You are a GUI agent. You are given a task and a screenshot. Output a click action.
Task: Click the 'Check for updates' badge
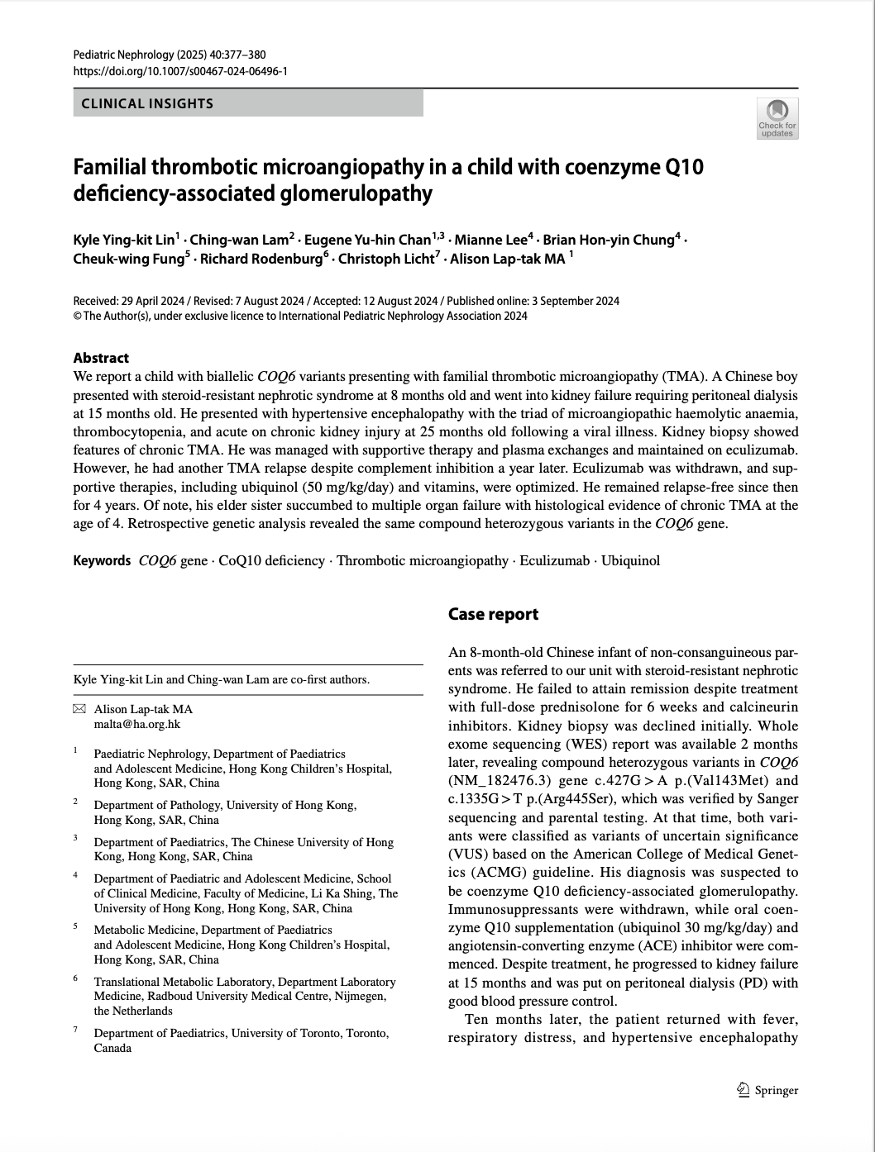pos(777,118)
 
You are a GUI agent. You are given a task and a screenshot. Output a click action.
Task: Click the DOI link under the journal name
pos(180,71)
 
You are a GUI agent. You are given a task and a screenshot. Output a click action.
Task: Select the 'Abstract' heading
pos(101,358)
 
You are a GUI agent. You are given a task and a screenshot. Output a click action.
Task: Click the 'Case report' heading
pos(493,614)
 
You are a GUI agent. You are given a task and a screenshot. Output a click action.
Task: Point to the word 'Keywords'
pos(102,560)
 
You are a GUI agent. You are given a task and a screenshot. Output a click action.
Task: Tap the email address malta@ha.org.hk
pos(137,724)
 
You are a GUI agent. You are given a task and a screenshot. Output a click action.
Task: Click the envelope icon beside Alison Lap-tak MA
pos(79,709)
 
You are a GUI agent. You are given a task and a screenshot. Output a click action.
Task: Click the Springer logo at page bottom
pos(767,1090)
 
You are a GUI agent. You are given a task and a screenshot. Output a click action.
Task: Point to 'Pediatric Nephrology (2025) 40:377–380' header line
pos(170,55)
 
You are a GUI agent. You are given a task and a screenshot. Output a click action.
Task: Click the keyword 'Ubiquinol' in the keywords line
pos(630,560)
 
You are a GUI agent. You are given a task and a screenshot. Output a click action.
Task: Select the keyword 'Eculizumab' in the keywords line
pos(554,560)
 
